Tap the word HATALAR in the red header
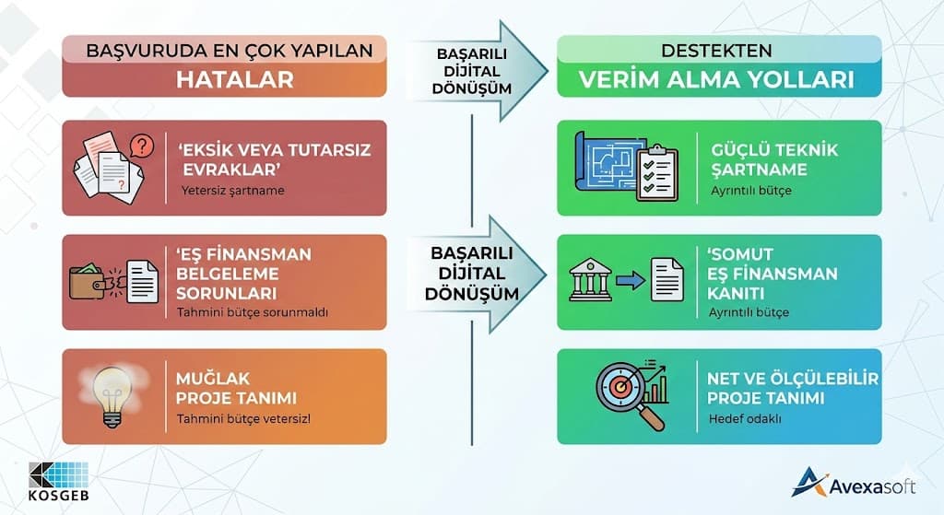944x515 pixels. click(x=234, y=80)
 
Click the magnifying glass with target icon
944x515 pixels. click(x=626, y=392)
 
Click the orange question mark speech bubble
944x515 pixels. click(x=142, y=146)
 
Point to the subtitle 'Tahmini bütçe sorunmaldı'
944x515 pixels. click(x=253, y=312)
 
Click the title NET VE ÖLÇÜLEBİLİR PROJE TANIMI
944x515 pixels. click(x=792, y=388)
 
